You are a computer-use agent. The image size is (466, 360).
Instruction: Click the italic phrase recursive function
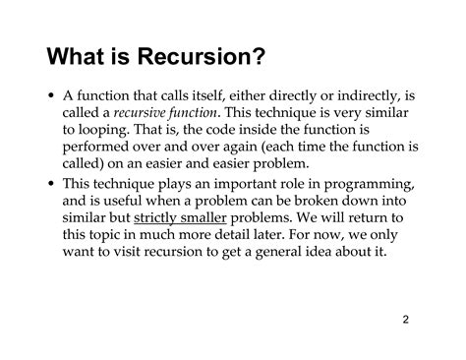157,115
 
